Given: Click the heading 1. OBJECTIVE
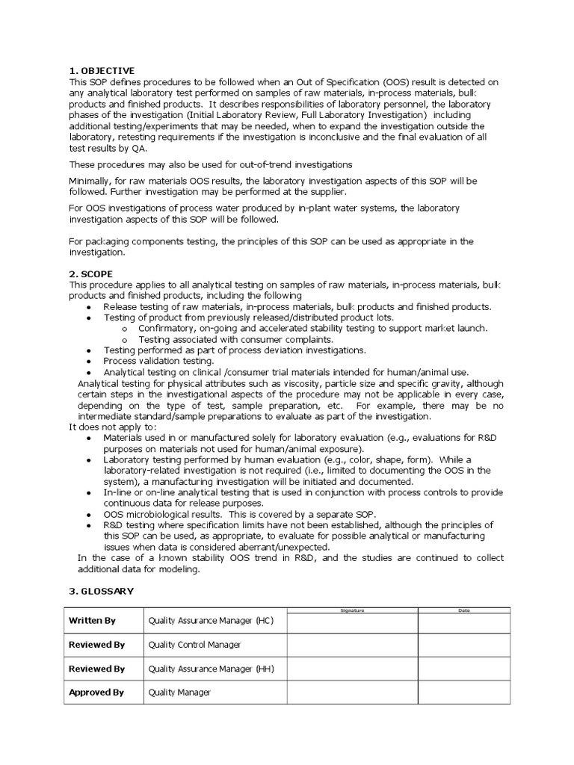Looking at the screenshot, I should [102, 71].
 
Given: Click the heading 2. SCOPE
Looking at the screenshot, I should [93, 274].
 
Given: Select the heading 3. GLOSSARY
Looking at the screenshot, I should [101, 591].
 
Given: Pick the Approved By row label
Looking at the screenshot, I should [96, 693].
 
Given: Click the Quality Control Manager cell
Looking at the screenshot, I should [195, 645].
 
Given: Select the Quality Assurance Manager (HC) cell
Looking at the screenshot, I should [211, 621].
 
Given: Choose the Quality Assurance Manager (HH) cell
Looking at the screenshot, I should [212, 669].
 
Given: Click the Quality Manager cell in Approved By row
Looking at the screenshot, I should [179, 693].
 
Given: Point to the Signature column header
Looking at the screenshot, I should [352, 610].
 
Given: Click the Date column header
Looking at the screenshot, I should [463, 610].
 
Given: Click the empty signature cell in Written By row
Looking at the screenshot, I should [352, 622].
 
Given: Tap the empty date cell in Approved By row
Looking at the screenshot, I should [463, 693].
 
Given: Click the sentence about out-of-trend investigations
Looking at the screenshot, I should [211, 164].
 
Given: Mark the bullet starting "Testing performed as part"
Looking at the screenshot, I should [235, 350].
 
